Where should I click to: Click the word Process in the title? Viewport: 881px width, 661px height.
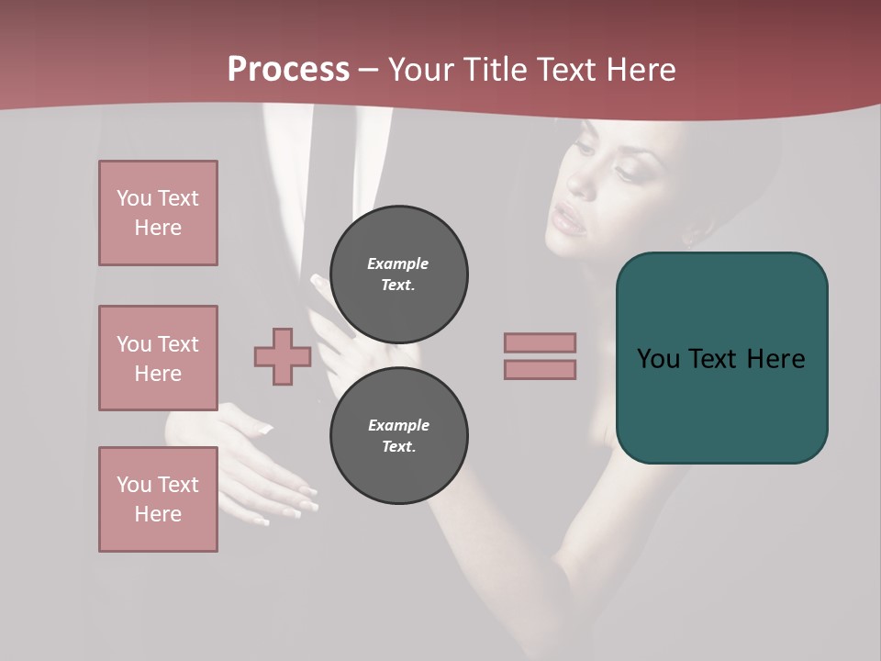[x=288, y=70]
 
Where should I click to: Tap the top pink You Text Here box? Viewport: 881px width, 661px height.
[x=158, y=213]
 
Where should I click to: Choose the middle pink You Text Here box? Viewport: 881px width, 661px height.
[x=158, y=358]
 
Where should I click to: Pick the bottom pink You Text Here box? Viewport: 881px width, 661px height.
[x=158, y=499]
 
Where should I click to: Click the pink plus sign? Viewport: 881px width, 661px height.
[x=283, y=356]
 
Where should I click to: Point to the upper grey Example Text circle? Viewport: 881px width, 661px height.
[x=398, y=274]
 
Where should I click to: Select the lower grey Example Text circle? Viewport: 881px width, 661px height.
[x=398, y=435]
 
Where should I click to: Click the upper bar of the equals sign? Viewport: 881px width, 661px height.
[x=540, y=342]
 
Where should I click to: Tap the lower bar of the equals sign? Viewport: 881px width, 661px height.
[x=540, y=369]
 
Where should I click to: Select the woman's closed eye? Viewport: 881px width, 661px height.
[x=626, y=170]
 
